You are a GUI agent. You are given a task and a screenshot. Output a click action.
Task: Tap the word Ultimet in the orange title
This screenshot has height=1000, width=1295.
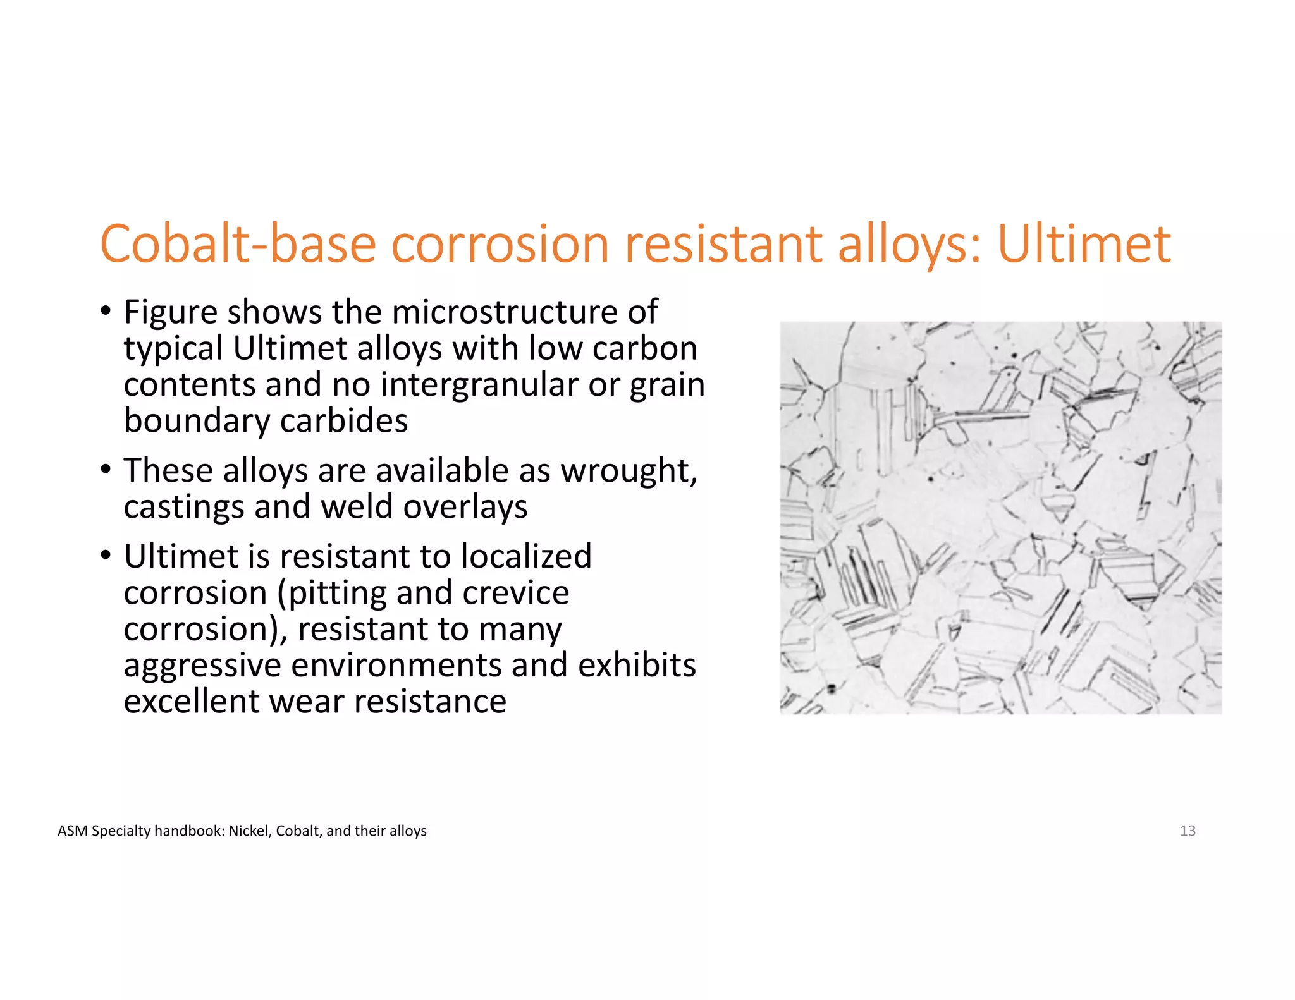click(1084, 244)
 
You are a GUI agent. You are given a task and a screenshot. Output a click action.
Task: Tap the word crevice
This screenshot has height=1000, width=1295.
click(515, 593)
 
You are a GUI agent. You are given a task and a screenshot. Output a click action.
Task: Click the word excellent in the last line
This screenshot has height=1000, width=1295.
click(190, 702)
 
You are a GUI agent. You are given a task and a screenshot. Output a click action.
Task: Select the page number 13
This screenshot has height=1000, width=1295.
click(1188, 831)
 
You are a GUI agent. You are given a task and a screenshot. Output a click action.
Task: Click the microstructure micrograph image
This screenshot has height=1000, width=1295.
click(1000, 518)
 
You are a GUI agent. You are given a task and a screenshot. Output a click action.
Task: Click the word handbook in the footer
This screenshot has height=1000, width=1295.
click(189, 831)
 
